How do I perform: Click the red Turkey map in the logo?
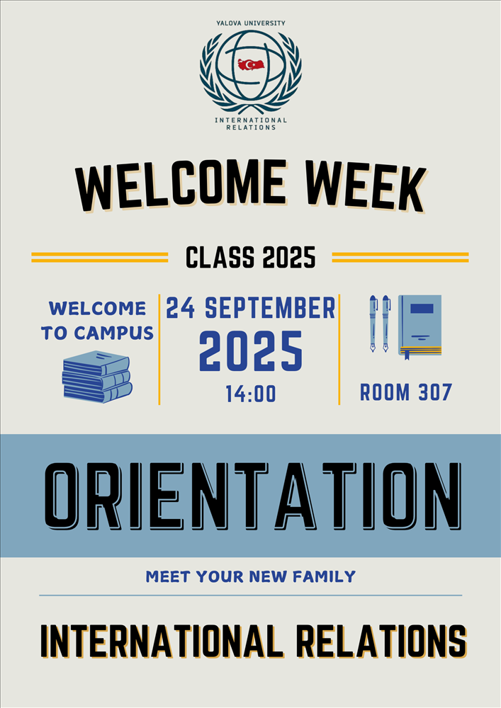pos(251,64)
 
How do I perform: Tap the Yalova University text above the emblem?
pos(251,23)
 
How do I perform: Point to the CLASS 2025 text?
pos(251,258)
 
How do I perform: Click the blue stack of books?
pos(97,377)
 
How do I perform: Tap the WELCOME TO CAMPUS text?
pos(98,321)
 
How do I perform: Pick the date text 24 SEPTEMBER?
pos(251,308)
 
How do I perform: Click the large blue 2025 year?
pos(251,351)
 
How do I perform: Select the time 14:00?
pos(251,394)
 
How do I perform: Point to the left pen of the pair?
pos(373,324)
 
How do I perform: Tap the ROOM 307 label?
pos(405,392)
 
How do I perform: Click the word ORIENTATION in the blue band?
pos(252,496)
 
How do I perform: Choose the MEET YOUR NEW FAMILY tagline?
pos(251,576)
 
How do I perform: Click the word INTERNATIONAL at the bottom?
pos(162,641)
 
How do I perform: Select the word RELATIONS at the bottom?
pos(382,641)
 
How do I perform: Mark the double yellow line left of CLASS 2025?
pos(100,258)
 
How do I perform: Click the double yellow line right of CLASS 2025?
pos(400,258)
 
